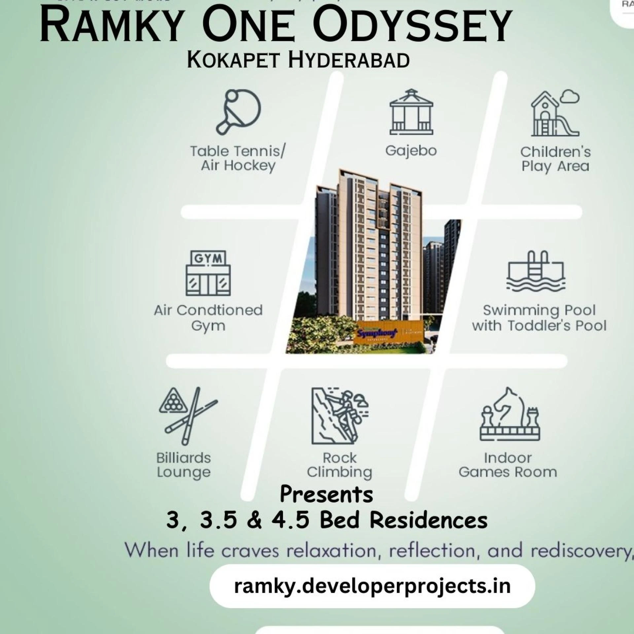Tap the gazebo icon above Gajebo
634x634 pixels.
pyautogui.click(x=411, y=112)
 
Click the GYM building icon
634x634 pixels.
pyautogui.click(x=208, y=273)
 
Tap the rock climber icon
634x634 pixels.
pyautogui.click(x=339, y=415)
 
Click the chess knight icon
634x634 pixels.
pyautogui.click(x=510, y=414)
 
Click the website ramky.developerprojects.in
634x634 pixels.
pyautogui.click(x=372, y=586)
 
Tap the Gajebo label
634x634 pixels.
pyautogui.click(x=411, y=151)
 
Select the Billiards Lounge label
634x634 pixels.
pyautogui.click(x=184, y=465)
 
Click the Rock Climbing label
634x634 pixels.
pyautogui.click(x=339, y=465)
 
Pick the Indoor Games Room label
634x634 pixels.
pyautogui.click(x=508, y=465)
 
